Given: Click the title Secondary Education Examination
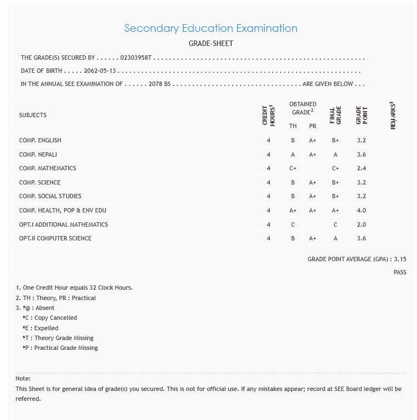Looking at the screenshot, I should coord(210,28).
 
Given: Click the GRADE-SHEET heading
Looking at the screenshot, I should coord(210,43).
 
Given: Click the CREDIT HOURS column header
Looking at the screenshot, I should coord(268,115).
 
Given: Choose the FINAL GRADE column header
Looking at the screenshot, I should coord(335,115).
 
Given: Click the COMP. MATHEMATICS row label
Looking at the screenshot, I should coord(47,168).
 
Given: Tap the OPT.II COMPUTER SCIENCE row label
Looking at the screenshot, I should coord(55,238).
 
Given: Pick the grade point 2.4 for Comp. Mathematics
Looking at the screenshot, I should coord(361,168).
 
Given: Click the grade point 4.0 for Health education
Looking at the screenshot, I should coord(361,210).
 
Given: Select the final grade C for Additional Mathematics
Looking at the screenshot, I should coord(335,225).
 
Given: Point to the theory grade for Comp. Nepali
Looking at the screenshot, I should coord(293,154).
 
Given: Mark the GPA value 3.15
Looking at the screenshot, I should coord(400,259).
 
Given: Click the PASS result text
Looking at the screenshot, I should coord(400,272).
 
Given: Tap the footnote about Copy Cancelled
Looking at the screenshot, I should coord(50,318).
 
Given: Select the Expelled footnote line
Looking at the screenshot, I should coord(41,328).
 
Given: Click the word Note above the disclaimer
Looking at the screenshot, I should coord(23,378).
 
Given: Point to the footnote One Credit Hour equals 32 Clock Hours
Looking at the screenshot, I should coord(74,287).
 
